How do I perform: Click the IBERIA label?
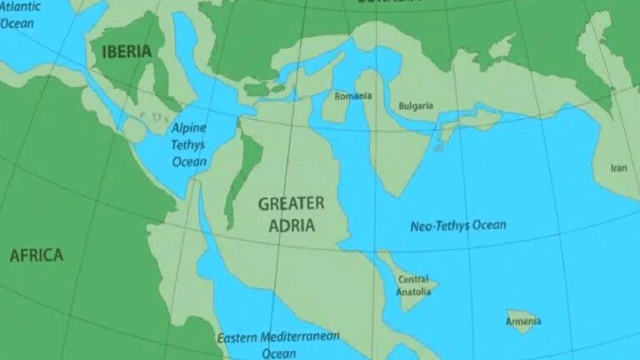coord(127,52)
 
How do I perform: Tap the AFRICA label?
coord(36,255)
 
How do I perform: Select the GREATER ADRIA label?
coord(291,212)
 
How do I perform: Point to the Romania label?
coord(353,96)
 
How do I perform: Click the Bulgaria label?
coord(416,105)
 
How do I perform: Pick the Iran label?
coord(618,167)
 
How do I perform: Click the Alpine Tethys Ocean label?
coord(190,144)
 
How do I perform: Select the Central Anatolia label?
coord(413,285)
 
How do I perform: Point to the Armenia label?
coord(523,321)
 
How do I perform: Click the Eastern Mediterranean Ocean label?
coord(278,345)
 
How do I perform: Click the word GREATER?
coord(291,202)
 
